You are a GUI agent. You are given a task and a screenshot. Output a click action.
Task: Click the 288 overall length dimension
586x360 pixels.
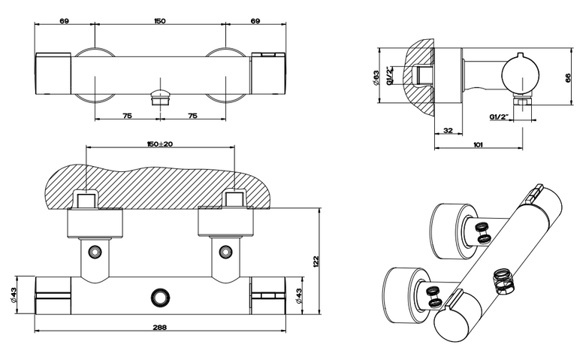[x=160, y=327]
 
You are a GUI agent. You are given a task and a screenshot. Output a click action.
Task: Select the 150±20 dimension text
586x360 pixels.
[x=160, y=144]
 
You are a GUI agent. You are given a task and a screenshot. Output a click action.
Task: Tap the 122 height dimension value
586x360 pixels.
[x=315, y=262]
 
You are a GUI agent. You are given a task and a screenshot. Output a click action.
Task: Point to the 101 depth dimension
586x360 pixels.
[x=478, y=144]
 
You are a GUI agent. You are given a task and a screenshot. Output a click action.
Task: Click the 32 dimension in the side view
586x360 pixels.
[x=448, y=130]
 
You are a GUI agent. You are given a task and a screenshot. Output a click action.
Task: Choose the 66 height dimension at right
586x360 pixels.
[x=568, y=77]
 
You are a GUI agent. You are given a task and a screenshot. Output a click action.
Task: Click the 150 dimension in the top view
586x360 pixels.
[x=160, y=21]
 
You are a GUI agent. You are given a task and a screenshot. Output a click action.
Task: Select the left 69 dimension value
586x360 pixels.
[x=65, y=21]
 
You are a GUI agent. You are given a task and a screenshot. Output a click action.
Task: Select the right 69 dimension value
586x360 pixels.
[x=255, y=21]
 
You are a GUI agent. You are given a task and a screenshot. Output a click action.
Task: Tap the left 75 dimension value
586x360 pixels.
[x=127, y=116]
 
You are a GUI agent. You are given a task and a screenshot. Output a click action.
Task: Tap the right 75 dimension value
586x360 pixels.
[x=192, y=116]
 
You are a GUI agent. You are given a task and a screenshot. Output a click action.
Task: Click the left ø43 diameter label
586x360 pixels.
[x=14, y=295]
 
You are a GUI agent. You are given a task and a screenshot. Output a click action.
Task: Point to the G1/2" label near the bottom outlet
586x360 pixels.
[x=500, y=116]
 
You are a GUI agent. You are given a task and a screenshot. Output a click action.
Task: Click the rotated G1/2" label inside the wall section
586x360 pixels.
[x=389, y=75]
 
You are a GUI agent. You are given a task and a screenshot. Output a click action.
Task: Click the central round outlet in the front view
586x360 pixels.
[x=160, y=298]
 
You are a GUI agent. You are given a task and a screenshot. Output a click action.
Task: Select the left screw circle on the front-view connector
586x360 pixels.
[x=95, y=251]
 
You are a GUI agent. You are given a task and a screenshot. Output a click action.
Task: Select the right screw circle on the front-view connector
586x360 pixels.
[x=225, y=251]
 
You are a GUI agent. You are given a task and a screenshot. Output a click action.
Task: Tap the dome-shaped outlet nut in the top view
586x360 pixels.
[x=160, y=98]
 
